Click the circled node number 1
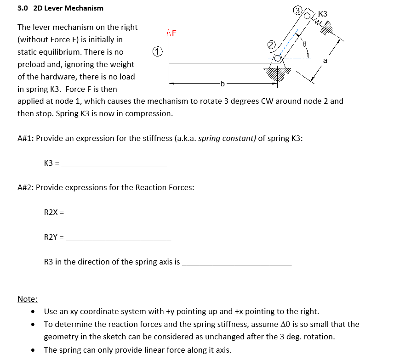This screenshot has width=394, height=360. (157, 51)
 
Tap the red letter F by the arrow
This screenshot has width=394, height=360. (174, 33)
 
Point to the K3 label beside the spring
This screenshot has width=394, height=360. (322, 14)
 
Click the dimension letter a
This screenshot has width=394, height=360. (325, 60)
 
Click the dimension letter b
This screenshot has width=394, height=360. (223, 84)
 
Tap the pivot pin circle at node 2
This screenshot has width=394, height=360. (278, 58)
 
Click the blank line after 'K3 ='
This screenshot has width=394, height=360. (114, 165)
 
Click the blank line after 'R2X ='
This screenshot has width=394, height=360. (119, 214)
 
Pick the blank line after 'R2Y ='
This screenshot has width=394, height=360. (119, 238)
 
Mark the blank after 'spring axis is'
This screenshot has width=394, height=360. (237, 263)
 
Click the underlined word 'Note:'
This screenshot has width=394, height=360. (27, 299)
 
